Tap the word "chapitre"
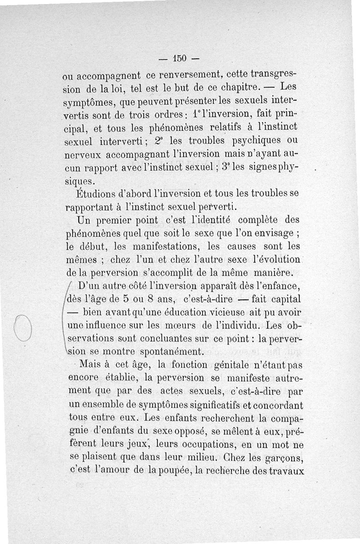point(250,85)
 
